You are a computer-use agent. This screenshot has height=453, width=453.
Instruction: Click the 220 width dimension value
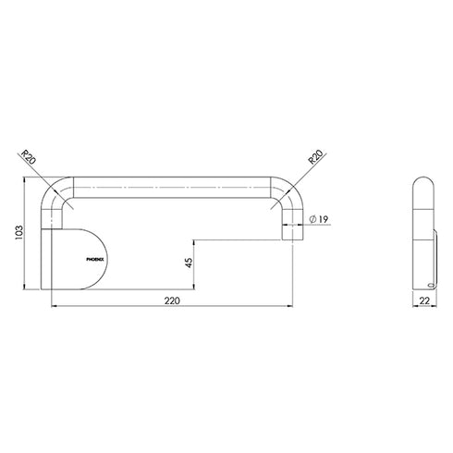tap(171, 301)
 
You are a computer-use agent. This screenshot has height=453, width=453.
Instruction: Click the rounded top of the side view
tap(422, 180)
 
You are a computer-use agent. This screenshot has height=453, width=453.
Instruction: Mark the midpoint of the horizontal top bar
tap(172, 181)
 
